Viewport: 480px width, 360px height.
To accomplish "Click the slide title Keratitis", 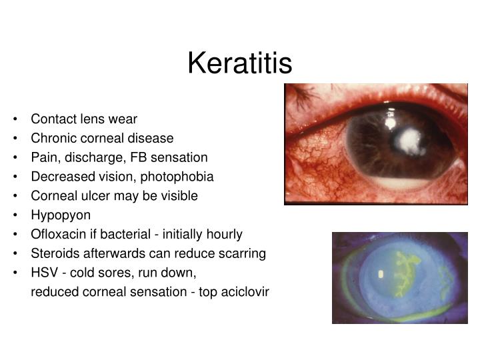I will (239, 63).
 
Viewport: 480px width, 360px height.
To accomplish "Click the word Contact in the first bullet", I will (51, 119).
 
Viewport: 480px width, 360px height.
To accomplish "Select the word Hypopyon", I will (61, 215).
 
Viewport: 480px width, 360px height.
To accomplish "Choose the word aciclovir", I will (246, 292).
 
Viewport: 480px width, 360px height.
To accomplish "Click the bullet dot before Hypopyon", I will (15, 216).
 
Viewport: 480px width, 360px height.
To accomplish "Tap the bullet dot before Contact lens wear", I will (15, 120).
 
